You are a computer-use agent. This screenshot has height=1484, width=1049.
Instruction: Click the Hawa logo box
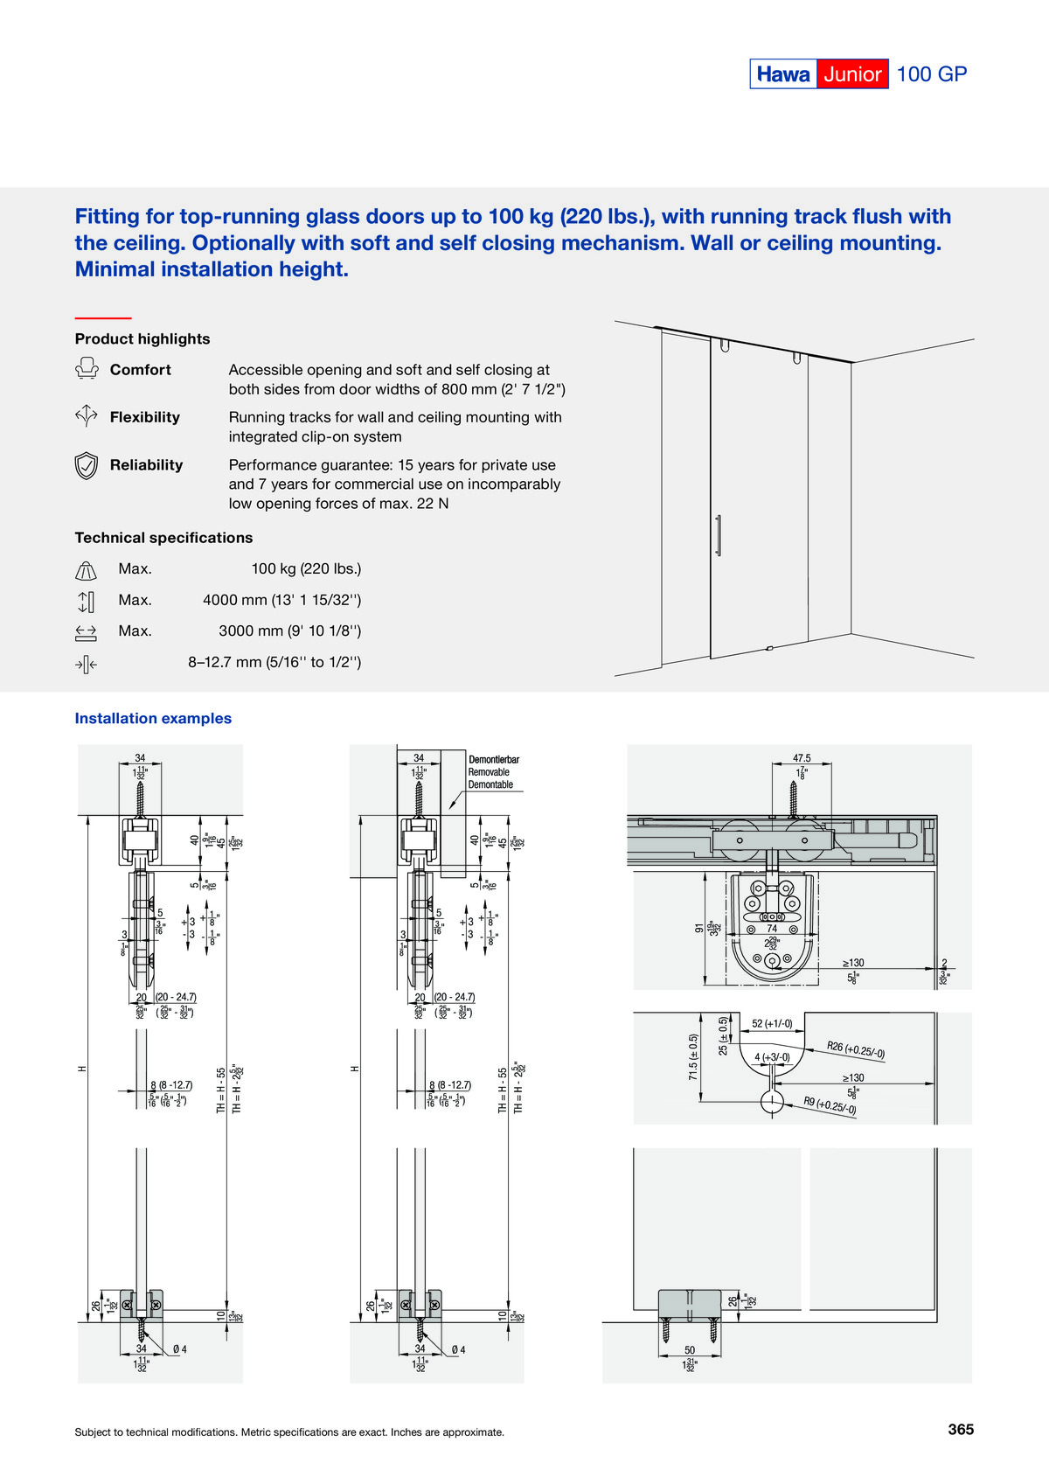783,74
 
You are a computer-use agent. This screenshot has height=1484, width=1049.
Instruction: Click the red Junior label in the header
852,74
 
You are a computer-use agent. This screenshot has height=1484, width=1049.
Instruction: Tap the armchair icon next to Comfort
87,369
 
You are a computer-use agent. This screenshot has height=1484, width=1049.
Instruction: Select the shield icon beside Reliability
86,466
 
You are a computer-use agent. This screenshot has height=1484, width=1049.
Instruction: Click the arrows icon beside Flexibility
86,416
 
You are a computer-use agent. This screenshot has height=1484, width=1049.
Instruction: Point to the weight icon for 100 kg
86,571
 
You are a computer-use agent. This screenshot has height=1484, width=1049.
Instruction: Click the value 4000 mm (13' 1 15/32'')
281,600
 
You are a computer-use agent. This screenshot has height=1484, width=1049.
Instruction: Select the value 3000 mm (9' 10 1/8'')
289,631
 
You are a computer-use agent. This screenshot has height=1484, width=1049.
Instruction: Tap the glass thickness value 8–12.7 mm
274,662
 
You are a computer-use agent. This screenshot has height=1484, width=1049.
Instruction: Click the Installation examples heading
153,718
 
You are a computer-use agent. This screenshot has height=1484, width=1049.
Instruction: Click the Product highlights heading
142,338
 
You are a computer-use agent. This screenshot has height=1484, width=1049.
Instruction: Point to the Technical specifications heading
163,538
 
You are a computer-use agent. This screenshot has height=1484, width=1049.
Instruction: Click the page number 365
961,1429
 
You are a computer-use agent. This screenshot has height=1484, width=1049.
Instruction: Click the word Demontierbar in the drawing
494,759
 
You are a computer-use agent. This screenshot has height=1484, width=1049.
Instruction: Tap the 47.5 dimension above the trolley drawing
802,758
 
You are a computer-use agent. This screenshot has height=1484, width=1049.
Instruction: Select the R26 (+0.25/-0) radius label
856,1049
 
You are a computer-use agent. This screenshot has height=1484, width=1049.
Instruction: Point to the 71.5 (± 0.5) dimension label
694,1057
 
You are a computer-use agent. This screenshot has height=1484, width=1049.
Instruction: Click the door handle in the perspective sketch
719,535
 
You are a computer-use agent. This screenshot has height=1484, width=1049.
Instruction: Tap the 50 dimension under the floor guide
690,1350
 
